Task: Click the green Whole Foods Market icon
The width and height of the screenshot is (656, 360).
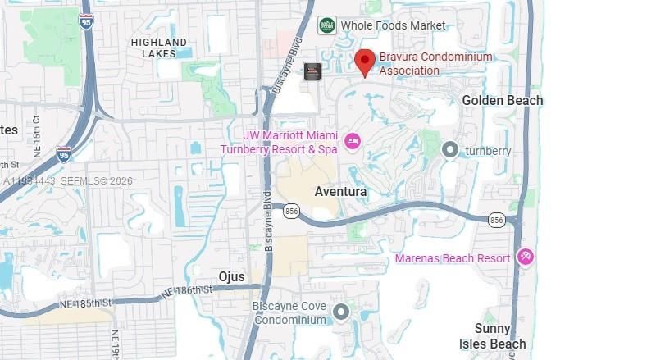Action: tap(327, 25)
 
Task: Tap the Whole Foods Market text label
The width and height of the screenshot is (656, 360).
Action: tap(394, 25)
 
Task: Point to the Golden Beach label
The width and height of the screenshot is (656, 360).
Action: tap(502, 100)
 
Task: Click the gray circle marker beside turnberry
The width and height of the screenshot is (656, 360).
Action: tap(449, 150)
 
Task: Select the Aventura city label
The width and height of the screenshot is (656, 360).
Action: tap(340, 191)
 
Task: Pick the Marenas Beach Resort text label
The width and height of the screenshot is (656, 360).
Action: tap(452, 258)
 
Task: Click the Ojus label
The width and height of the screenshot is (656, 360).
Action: tap(232, 276)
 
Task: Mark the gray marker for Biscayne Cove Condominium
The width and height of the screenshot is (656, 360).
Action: tap(341, 312)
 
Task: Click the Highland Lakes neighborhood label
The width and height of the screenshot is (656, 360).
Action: tap(158, 48)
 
